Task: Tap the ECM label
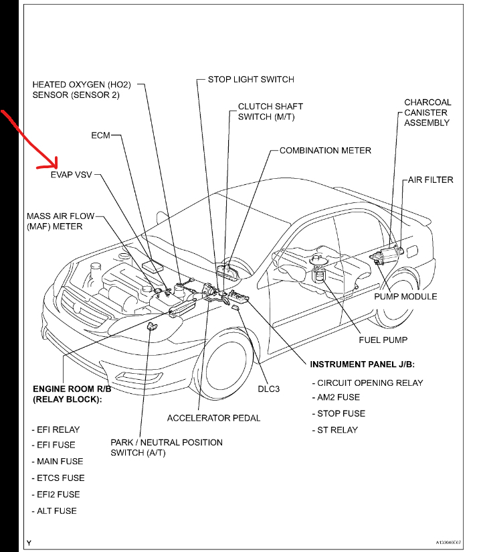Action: (100, 135)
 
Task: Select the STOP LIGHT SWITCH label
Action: (250, 79)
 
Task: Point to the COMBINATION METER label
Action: (325, 151)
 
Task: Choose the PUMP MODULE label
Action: (405, 296)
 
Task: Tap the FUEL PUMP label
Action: (383, 340)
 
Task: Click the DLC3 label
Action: (271, 388)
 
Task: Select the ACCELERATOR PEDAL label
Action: (213, 418)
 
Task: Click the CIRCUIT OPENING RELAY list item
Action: (370, 383)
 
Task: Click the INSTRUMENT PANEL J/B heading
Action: (362, 364)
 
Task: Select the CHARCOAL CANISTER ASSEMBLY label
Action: (427, 113)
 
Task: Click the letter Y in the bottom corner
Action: (29, 541)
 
